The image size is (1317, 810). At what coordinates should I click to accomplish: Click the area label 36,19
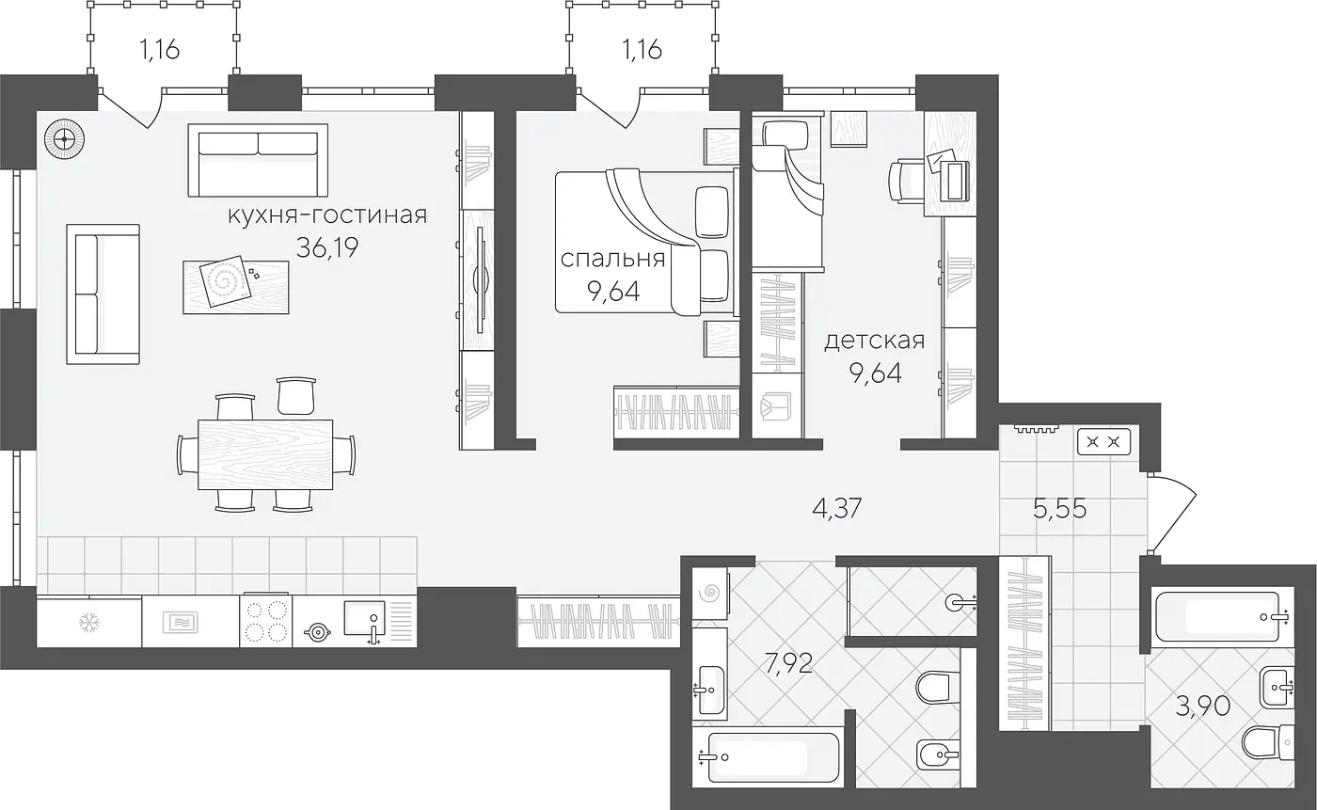click(327, 248)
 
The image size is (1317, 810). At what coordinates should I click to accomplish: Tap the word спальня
click(612, 259)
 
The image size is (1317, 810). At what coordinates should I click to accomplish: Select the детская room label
click(874, 341)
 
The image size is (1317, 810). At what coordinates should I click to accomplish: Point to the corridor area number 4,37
click(836, 508)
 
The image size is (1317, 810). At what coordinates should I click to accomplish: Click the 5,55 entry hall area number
click(1060, 508)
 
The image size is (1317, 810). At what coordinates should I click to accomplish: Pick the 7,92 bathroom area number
click(788, 663)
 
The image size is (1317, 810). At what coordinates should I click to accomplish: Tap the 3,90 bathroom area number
click(1203, 707)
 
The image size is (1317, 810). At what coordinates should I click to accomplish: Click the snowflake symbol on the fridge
click(88, 623)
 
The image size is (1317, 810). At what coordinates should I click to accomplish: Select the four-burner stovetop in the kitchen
click(265, 622)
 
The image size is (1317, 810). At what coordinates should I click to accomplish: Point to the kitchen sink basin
click(364, 618)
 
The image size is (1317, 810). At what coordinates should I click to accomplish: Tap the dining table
click(265, 454)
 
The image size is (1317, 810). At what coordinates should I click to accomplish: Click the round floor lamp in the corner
click(64, 139)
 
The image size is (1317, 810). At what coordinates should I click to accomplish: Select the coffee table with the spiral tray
click(236, 288)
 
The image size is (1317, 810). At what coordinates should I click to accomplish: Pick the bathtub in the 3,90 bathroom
click(1219, 616)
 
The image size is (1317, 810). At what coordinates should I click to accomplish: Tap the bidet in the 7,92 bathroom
click(937, 754)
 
